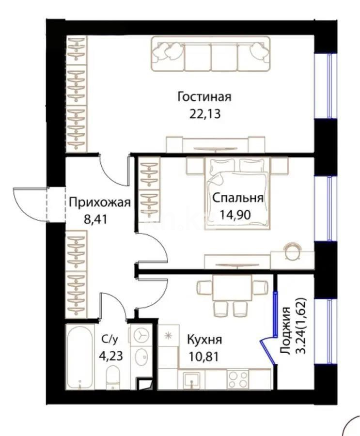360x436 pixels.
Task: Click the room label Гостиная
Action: pos(204,96)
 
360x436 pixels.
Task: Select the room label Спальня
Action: pos(237,198)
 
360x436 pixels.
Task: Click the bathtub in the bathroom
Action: pos(80,357)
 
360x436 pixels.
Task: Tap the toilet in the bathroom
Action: pos(112,377)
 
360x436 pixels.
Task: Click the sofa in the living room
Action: pos(211,53)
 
